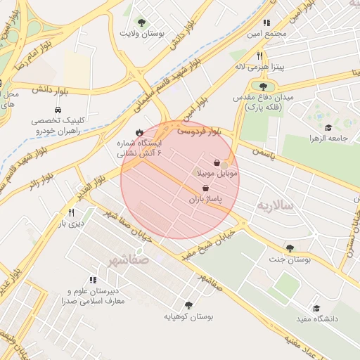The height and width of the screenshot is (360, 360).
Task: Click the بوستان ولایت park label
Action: pos(142,34)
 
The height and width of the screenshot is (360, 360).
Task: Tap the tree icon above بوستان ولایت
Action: pos(142,22)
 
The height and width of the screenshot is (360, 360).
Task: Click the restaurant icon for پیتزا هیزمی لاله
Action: pos(259,55)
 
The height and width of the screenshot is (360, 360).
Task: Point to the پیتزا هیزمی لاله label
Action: pos(259,67)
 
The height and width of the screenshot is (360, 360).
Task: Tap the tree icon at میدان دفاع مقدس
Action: pos(263,86)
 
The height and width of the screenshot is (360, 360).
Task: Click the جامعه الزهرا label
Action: pos(328,139)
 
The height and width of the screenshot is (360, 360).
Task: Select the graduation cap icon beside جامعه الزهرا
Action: pos(328,127)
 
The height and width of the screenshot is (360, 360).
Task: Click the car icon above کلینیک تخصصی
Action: pos(56,110)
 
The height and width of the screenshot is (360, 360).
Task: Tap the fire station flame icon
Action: pos(139,131)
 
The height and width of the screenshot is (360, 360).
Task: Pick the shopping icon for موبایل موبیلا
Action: pos(217,162)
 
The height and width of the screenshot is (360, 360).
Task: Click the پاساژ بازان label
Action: pos(205,200)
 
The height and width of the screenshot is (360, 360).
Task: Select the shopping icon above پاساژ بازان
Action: pos(205,188)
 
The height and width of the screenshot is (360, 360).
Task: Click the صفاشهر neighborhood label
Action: pos(128,260)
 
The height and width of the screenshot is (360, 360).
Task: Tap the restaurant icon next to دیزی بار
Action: pos(71,212)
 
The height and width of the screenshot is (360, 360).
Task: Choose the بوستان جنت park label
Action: pos(289,259)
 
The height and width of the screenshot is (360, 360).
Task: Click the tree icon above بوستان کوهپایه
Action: pos(188,305)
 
